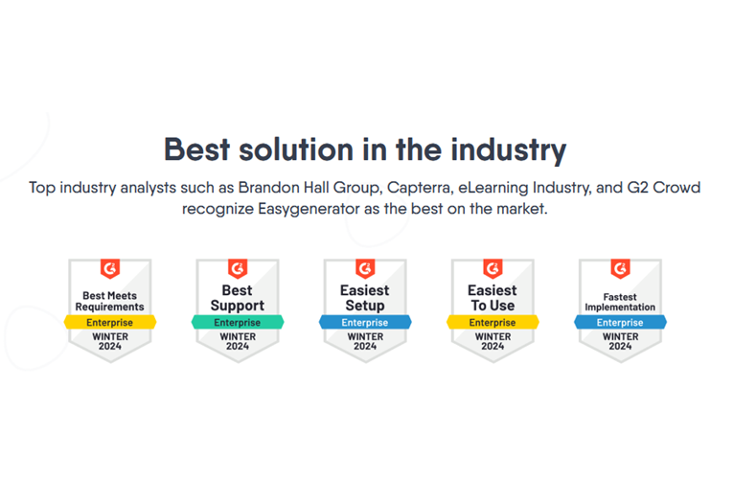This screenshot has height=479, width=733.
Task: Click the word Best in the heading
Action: pos(196,149)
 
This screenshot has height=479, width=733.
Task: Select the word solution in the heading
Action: pos(296,149)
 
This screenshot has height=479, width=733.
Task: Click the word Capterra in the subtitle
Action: pos(420,188)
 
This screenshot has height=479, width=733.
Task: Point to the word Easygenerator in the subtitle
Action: pos(309,209)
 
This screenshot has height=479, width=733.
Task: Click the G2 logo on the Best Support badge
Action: pos(238,268)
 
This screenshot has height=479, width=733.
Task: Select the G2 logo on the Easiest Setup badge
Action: pos(365,268)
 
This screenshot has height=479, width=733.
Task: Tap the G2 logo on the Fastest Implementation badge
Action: pos(620,268)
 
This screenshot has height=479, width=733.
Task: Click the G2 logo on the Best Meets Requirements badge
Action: pos(110,268)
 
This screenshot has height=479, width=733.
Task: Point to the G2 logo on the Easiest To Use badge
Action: pos(492,268)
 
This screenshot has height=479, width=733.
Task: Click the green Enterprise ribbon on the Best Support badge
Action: pos(238,323)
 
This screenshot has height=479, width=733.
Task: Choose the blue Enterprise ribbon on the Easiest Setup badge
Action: pos(365,323)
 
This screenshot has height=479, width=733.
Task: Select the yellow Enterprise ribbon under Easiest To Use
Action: pos(492,323)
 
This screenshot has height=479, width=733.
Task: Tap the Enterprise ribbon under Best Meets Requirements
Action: pos(110,323)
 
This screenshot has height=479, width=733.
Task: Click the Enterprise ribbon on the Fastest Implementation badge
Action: pos(620,323)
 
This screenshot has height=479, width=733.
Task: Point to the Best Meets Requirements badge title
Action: pos(110,302)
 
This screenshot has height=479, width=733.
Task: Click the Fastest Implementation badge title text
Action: pos(620,302)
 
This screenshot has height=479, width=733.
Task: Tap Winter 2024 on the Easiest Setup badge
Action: pos(365,342)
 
